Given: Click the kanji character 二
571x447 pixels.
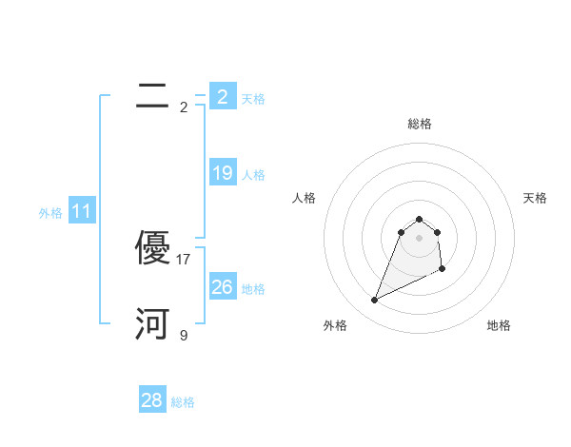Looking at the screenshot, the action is click(x=152, y=96).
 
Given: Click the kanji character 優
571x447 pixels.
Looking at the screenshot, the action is click(x=152, y=248).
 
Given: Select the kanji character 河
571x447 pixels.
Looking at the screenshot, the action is click(x=152, y=324).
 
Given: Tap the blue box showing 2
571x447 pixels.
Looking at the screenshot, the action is click(x=222, y=96).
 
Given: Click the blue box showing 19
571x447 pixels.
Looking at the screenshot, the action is click(x=222, y=173).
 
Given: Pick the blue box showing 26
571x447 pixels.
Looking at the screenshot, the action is click(x=222, y=286).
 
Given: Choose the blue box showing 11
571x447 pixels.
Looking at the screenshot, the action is click(x=82, y=211).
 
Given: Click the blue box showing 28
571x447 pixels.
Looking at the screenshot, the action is click(x=152, y=400).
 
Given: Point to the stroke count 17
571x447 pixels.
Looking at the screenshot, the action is click(x=184, y=259).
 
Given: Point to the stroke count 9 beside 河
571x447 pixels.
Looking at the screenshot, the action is click(x=184, y=335).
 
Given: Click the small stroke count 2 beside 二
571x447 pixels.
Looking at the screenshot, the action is click(x=184, y=107).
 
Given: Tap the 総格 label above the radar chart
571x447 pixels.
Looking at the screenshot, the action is click(x=419, y=124).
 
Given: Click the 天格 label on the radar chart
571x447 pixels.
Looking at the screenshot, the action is click(x=535, y=198).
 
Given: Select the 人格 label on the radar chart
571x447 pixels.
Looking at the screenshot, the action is click(x=304, y=198).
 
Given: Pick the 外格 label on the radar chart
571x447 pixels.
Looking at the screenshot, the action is click(x=335, y=326).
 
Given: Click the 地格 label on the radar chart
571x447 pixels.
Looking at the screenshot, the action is click(x=499, y=326).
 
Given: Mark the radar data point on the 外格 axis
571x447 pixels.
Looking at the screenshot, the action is click(x=374, y=301).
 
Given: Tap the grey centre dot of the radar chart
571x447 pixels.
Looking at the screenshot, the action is click(x=419, y=238).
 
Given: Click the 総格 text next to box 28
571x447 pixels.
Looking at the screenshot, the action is click(x=183, y=402).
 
